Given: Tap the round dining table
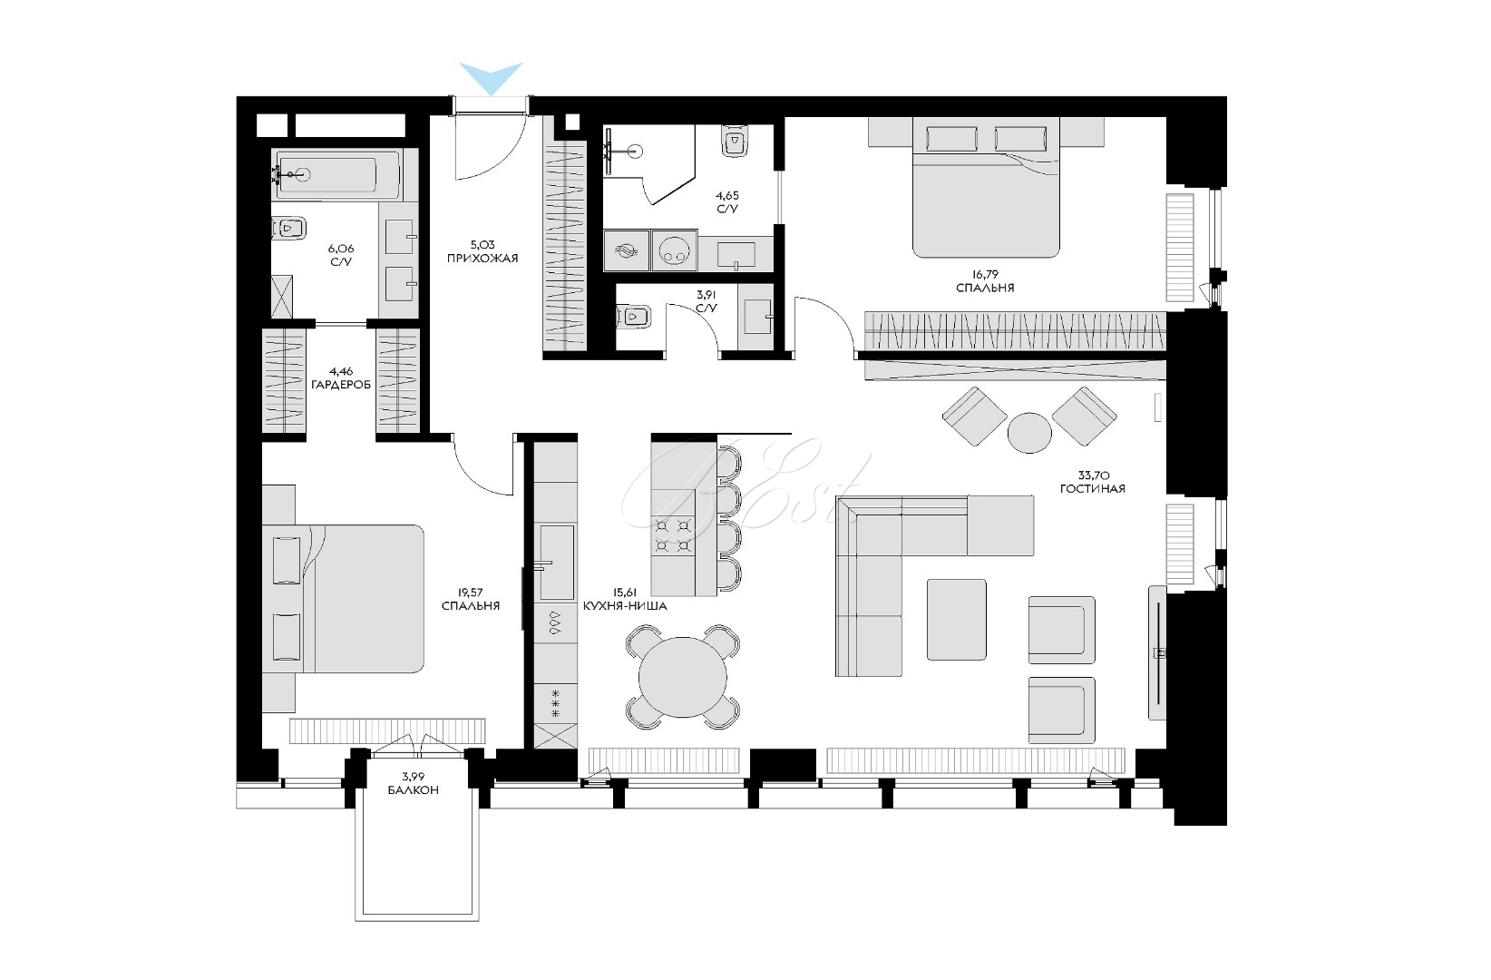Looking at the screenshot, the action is (x=683, y=678).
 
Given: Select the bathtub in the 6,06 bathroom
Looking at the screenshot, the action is (x=338, y=175).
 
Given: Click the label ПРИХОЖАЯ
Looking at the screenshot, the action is (x=482, y=259).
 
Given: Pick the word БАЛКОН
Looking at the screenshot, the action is (x=414, y=790).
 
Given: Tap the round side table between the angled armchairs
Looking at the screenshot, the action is (x=1029, y=433).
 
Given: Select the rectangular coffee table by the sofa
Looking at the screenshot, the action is (x=957, y=619).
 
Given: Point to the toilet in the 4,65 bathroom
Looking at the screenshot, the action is (x=736, y=142).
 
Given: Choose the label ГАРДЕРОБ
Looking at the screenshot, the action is (x=341, y=385).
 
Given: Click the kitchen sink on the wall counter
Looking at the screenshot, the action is (x=557, y=562).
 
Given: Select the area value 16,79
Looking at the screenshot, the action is (x=984, y=274).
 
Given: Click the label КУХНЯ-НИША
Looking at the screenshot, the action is (x=624, y=606).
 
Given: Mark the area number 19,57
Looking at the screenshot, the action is (x=470, y=593).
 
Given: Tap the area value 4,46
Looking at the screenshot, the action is (x=341, y=371).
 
